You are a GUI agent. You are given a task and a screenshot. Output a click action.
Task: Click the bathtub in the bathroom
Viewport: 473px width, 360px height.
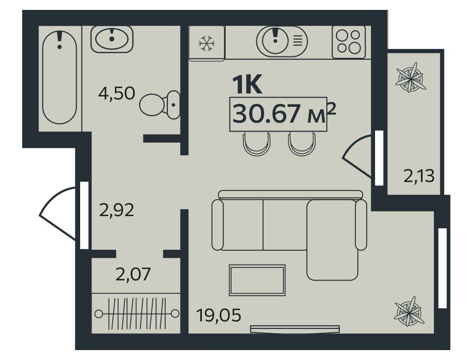[x=59, y=78]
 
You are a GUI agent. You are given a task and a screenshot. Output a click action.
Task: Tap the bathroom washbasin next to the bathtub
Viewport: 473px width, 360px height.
[x=112, y=39]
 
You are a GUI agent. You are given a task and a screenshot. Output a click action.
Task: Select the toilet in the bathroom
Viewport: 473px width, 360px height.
[x=160, y=104]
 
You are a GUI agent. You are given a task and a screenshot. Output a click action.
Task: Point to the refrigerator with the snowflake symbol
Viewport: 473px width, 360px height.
[x=207, y=43]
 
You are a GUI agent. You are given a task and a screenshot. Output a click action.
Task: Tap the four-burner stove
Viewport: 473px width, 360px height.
[x=349, y=42]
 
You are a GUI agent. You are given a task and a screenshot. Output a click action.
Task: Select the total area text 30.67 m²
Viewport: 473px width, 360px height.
[x=284, y=113]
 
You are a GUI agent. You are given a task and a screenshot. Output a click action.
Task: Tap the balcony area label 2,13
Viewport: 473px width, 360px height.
[x=419, y=176]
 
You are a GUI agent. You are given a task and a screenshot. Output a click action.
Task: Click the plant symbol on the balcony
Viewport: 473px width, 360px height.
[x=410, y=78]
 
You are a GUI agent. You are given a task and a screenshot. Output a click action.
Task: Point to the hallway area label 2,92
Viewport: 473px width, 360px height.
[x=116, y=210]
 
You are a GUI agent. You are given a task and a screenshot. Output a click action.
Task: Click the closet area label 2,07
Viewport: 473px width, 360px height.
[x=133, y=274]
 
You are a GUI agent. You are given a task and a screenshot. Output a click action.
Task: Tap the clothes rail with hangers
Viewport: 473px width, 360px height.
[x=137, y=314]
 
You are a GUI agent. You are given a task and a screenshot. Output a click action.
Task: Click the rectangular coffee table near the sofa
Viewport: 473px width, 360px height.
[x=257, y=280]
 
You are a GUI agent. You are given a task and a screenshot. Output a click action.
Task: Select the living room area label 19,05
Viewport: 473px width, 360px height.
[x=219, y=315]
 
